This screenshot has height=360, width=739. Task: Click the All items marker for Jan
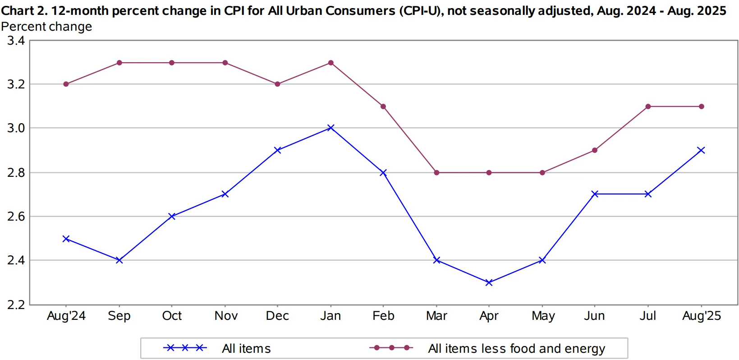tap(330, 128)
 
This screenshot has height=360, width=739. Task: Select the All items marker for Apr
tap(489, 282)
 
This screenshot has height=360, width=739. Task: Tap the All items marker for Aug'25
tap(701, 150)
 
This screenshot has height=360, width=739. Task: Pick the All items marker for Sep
tap(119, 260)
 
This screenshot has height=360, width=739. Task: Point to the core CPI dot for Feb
tap(383, 106)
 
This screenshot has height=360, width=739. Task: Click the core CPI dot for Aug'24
tap(66, 84)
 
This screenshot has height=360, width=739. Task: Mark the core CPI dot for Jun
tap(595, 150)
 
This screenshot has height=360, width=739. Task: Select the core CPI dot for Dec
tap(277, 84)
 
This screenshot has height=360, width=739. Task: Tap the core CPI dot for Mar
tap(436, 173)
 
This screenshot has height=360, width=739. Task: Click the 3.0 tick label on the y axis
tap(16, 128)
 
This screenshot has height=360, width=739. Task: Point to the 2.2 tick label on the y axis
tap(16, 305)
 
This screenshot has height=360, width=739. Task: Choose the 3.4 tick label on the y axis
tap(16, 41)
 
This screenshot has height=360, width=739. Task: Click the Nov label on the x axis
tap(226, 316)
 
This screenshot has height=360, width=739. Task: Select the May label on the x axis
tap(543, 316)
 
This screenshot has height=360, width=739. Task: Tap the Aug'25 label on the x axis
tap(701, 316)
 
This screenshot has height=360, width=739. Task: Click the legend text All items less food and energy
tap(516, 348)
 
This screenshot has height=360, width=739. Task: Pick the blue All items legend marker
tap(185, 348)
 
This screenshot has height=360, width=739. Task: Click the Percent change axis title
tap(46, 27)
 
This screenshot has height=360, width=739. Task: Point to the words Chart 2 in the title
tap(24, 11)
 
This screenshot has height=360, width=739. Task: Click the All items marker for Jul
tap(648, 194)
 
